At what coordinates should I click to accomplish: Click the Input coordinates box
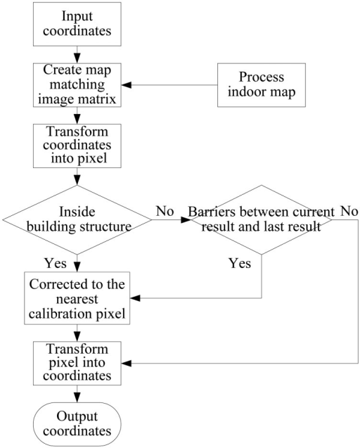(x=77, y=25)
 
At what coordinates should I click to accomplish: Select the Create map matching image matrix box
(x=77, y=85)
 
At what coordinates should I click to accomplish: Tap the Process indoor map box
(x=262, y=85)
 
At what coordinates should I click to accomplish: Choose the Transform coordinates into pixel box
(x=77, y=146)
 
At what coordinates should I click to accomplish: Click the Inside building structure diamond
(x=77, y=219)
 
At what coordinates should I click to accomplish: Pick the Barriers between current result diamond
(x=262, y=219)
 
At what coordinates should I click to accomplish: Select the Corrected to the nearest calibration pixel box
(x=77, y=298)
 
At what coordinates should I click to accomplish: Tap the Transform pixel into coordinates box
(x=77, y=363)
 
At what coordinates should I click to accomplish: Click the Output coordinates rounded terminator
(x=77, y=424)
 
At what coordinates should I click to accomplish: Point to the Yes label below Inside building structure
(x=56, y=263)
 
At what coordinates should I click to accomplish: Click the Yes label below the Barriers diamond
(x=240, y=263)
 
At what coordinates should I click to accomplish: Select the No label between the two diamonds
(x=165, y=211)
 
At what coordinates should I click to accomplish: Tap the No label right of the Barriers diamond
(x=349, y=211)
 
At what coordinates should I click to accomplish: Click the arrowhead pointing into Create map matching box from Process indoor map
(x=126, y=85)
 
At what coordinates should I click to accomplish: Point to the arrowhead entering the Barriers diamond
(x=186, y=219)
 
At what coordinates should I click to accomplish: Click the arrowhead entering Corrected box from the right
(x=135, y=298)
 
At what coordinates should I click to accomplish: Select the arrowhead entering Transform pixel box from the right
(x=126, y=364)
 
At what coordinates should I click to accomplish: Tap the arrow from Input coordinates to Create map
(x=77, y=55)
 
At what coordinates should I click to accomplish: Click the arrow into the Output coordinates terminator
(x=77, y=394)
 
